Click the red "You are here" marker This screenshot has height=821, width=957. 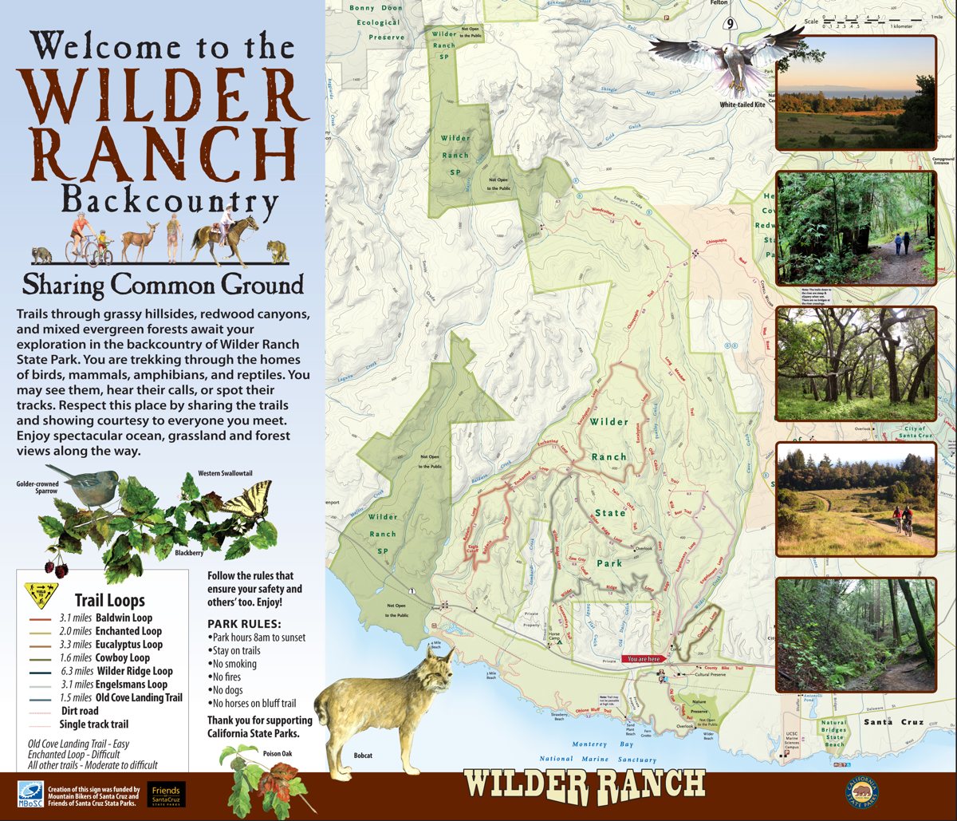644,659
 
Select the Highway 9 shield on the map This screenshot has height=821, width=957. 731,23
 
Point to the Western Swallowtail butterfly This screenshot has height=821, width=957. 246,503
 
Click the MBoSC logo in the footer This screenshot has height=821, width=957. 30,794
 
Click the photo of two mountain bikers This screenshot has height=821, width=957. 855,499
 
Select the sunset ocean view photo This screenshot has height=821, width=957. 855,93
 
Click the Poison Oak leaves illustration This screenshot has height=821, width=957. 257,781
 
